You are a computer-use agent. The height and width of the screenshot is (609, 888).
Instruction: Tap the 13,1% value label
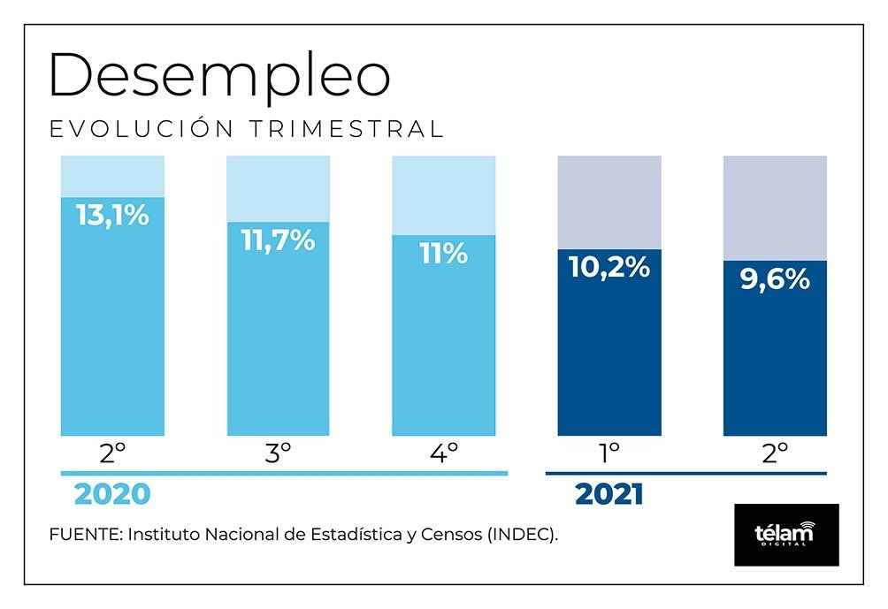point(112,215)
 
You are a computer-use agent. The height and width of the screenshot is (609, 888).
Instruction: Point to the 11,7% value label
point(278,240)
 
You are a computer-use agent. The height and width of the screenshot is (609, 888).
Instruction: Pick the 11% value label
point(444,255)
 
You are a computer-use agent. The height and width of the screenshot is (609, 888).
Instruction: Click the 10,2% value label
point(609,267)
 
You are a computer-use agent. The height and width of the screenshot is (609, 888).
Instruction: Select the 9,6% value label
point(775,279)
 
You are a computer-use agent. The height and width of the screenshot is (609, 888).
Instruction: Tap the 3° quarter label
point(278,454)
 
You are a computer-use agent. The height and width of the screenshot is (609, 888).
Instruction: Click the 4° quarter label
point(444,454)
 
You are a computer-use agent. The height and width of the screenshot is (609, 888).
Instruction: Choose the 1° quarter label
point(609,454)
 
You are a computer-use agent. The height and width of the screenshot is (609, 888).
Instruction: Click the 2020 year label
point(112,495)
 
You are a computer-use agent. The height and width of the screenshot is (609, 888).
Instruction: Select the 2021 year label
point(609,495)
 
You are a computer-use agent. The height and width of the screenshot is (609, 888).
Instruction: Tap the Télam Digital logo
point(786,535)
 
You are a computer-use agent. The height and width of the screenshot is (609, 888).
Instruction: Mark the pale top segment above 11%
point(444,195)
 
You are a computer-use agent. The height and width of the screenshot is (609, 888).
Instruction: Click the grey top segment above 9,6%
point(775,208)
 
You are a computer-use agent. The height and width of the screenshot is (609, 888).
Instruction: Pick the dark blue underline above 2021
point(685,474)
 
